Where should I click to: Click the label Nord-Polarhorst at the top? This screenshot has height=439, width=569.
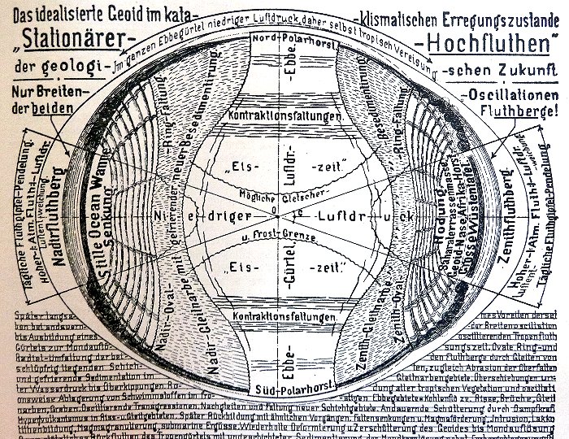tap(284, 39)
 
